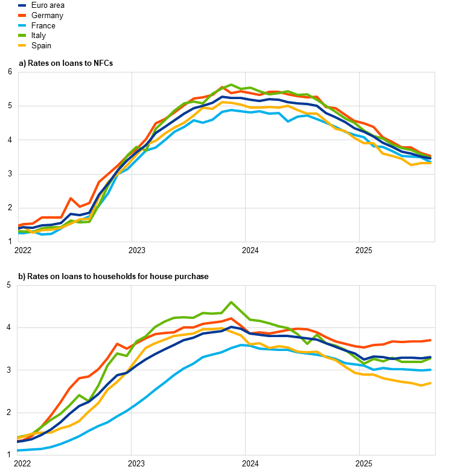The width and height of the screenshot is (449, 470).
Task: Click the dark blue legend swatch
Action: coord(22,5)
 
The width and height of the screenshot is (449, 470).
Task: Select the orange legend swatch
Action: coord(22,15)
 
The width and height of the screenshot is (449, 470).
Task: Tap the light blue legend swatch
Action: coord(22,25)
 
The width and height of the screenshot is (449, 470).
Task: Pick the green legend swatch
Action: coord(22,35)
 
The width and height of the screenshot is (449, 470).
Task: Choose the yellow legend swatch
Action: coord(22,45)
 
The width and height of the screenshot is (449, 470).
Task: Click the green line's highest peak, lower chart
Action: coord(231,302)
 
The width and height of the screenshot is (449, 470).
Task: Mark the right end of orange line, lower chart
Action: coord(431,340)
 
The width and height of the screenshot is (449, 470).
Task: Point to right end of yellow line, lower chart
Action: coord(431,383)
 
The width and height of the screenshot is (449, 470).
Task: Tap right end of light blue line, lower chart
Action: coord(431,370)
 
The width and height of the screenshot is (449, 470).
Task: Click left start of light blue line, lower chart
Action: coord(18,450)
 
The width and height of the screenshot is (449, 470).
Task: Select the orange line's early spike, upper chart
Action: coord(71,198)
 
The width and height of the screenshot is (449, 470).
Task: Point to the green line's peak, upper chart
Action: coord(231,85)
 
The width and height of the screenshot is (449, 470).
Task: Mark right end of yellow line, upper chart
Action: coord(431,163)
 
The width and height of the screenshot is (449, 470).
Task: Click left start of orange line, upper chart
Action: coord(19,226)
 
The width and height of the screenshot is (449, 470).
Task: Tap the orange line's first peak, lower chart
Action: coord(117,344)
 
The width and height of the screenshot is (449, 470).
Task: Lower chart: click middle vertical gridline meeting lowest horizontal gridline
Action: coord(245,413)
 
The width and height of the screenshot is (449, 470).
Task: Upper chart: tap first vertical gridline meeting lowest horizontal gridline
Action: coord(132,208)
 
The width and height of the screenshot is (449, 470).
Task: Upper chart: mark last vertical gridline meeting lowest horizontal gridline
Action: coord(359,208)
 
